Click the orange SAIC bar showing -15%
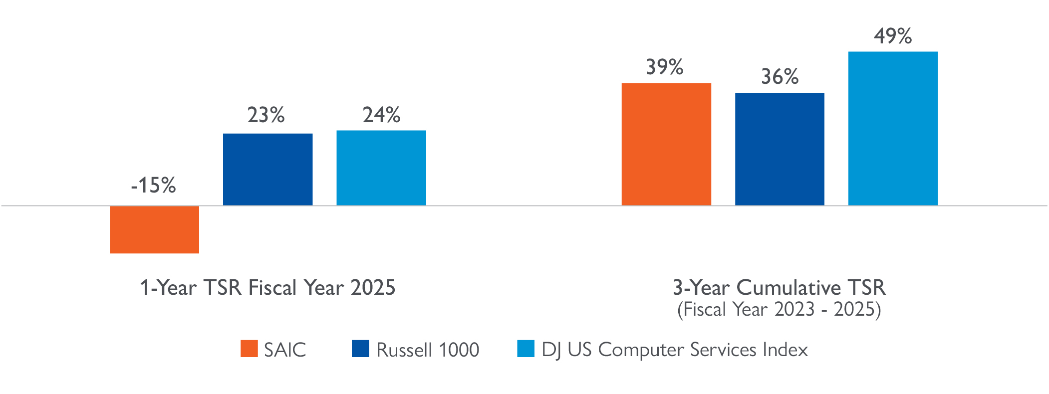(154, 229)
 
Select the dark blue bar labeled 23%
(267, 170)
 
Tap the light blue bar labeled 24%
(381, 168)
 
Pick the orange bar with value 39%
(666, 145)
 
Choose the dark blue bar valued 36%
(780, 149)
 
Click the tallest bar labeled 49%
(893, 129)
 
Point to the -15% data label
(153, 186)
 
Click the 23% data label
(266, 115)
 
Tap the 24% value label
(381, 115)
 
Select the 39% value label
(665, 67)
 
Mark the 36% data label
(780, 77)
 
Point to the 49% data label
(893, 36)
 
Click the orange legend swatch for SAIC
(249, 349)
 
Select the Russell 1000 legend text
(427, 350)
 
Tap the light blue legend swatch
(525, 349)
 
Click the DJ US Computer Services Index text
(674, 350)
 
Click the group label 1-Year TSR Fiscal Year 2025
(267, 288)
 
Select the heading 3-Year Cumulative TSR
(779, 288)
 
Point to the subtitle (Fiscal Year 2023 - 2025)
(779, 310)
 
